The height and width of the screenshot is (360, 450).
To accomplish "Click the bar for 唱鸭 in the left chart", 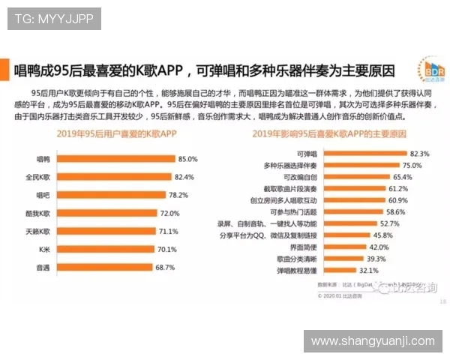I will click(x=112, y=159).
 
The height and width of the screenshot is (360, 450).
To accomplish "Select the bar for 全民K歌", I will click(x=111, y=177).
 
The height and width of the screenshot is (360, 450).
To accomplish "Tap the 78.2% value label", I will click(x=178, y=195).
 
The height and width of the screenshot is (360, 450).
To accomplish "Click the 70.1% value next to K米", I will click(x=167, y=249).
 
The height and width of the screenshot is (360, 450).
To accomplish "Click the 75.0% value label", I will click(x=412, y=165).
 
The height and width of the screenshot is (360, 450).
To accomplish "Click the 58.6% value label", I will click(x=396, y=211).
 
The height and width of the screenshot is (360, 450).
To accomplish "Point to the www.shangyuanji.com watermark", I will click(x=372, y=341).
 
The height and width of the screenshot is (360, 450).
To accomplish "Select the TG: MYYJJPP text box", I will click(x=54, y=18).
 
